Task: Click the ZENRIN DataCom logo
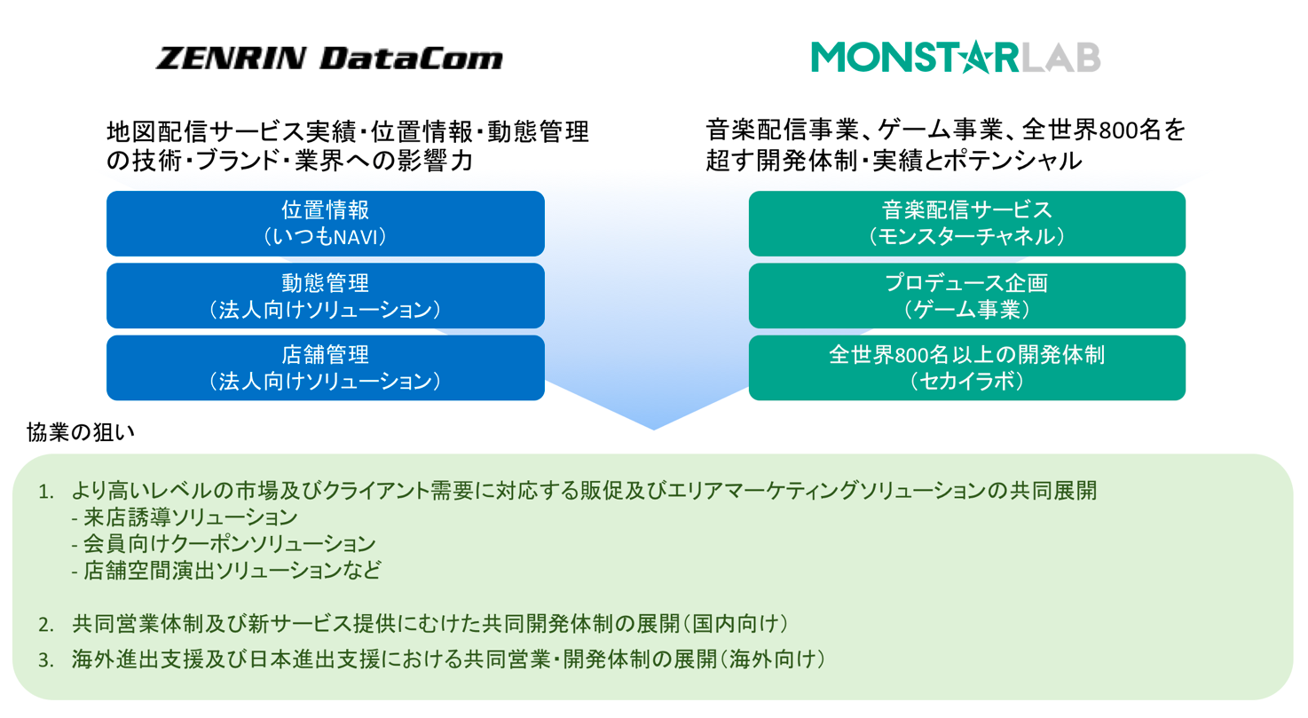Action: (x=329, y=59)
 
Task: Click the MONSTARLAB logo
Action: (x=955, y=56)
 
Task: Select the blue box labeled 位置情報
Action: (x=325, y=223)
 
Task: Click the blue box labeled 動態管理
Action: (x=325, y=296)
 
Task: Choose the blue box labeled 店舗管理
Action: (x=325, y=367)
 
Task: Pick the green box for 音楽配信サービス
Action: (x=966, y=223)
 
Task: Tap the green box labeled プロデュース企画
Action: (x=966, y=296)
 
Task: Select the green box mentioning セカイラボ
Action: (x=966, y=367)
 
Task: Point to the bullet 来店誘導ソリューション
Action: (x=183, y=517)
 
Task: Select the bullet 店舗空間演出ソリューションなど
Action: (x=225, y=570)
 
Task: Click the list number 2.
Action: (x=45, y=624)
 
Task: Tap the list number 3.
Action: (x=45, y=660)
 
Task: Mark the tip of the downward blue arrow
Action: (x=654, y=429)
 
